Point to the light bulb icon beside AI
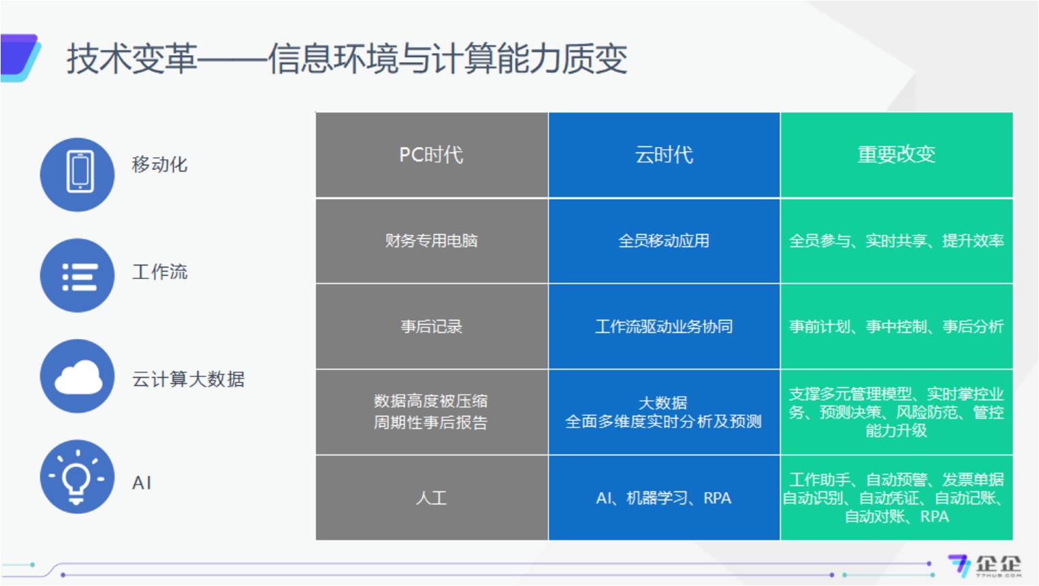78,476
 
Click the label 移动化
159,165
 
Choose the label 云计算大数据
188,379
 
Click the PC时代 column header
431,154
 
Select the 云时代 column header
664,154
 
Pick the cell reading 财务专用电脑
431,241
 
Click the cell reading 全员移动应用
664,241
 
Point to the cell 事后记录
432,327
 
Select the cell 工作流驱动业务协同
664,327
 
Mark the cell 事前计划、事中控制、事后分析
896,327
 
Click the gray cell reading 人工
431,498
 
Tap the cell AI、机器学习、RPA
663,498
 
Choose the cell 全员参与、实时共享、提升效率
896,241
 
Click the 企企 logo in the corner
985,566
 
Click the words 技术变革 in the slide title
131,59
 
